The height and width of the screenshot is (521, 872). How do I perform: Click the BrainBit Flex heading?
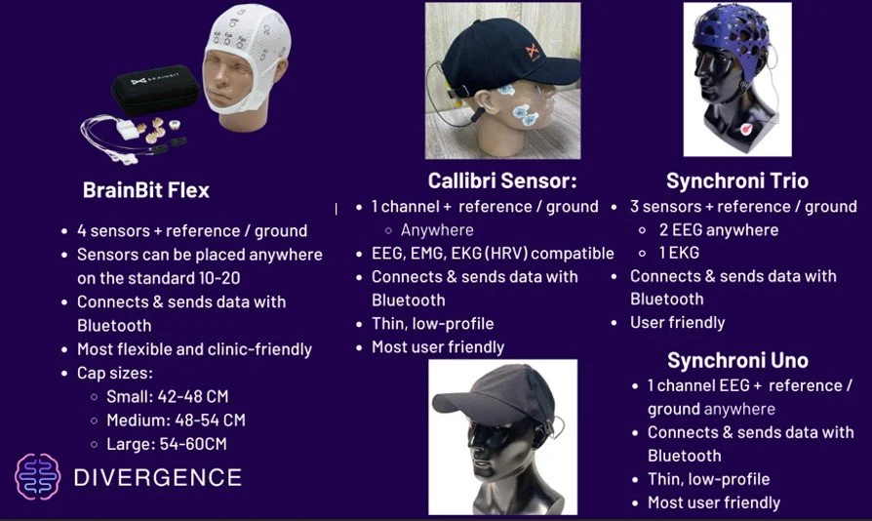(x=145, y=190)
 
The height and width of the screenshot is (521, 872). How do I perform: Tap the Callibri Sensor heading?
(x=502, y=180)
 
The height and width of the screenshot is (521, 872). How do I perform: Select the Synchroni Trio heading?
(x=736, y=180)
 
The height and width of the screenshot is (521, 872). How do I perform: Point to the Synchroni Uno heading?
(x=737, y=360)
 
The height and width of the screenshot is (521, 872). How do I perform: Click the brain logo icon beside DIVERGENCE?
(x=38, y=476)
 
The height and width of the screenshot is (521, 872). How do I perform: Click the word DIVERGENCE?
(x=158, y=478)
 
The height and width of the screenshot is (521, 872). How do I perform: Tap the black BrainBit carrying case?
(x=155, y=88)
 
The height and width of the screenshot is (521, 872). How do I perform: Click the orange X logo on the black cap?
(x=533, y=52)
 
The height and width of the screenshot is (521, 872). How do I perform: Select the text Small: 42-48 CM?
(x=168, y=396)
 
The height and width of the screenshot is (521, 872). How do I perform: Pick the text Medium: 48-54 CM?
(x=176, y=421)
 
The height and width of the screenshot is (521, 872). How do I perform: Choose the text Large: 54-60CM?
(x=166, y=444)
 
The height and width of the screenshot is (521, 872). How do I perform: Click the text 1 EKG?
(x=679, y=253)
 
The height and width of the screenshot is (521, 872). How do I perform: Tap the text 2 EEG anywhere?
(x=719, y=229)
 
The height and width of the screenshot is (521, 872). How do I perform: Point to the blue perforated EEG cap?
(x=731, y=35)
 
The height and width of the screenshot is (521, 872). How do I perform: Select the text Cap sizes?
(x=114, y=373)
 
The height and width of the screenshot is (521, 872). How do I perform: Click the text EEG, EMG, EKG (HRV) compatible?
(x=493, y=254)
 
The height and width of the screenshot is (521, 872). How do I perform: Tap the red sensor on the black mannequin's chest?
(x=745, y=130)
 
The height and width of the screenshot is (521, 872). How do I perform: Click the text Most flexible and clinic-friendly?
(x=195, y=349)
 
